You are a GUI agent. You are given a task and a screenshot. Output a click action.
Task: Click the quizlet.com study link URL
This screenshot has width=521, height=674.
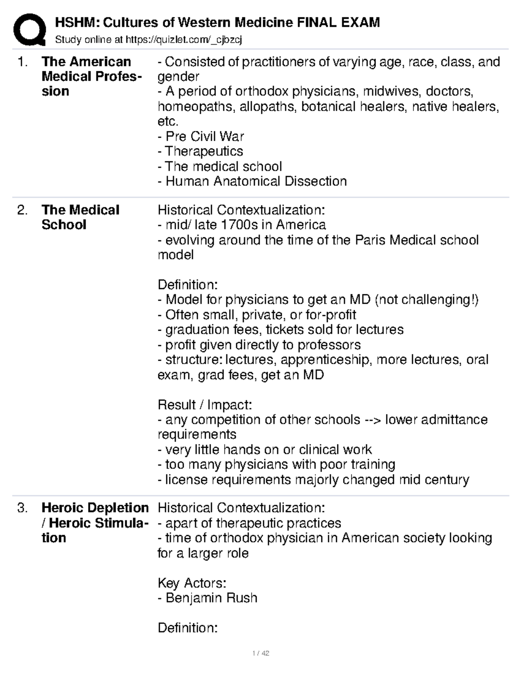coord(183,40)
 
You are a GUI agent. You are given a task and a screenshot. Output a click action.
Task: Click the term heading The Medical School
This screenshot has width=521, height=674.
coord(80,217)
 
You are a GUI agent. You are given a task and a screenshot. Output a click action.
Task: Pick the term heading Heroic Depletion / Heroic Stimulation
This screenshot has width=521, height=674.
coord(95,523)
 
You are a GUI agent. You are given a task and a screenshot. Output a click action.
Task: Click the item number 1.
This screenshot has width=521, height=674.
coord(22,62)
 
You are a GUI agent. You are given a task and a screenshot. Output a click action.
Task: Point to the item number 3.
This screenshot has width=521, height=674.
coord(22,508)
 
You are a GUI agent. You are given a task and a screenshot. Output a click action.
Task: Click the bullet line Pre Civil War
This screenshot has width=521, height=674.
coord(201,136)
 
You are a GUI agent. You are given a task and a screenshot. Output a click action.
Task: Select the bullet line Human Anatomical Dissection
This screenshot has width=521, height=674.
coord(252,181)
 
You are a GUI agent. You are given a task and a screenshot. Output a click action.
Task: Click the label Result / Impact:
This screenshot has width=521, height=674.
coord(204,404)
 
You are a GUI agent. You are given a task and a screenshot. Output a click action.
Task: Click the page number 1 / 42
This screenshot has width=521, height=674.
coord(260,654)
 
